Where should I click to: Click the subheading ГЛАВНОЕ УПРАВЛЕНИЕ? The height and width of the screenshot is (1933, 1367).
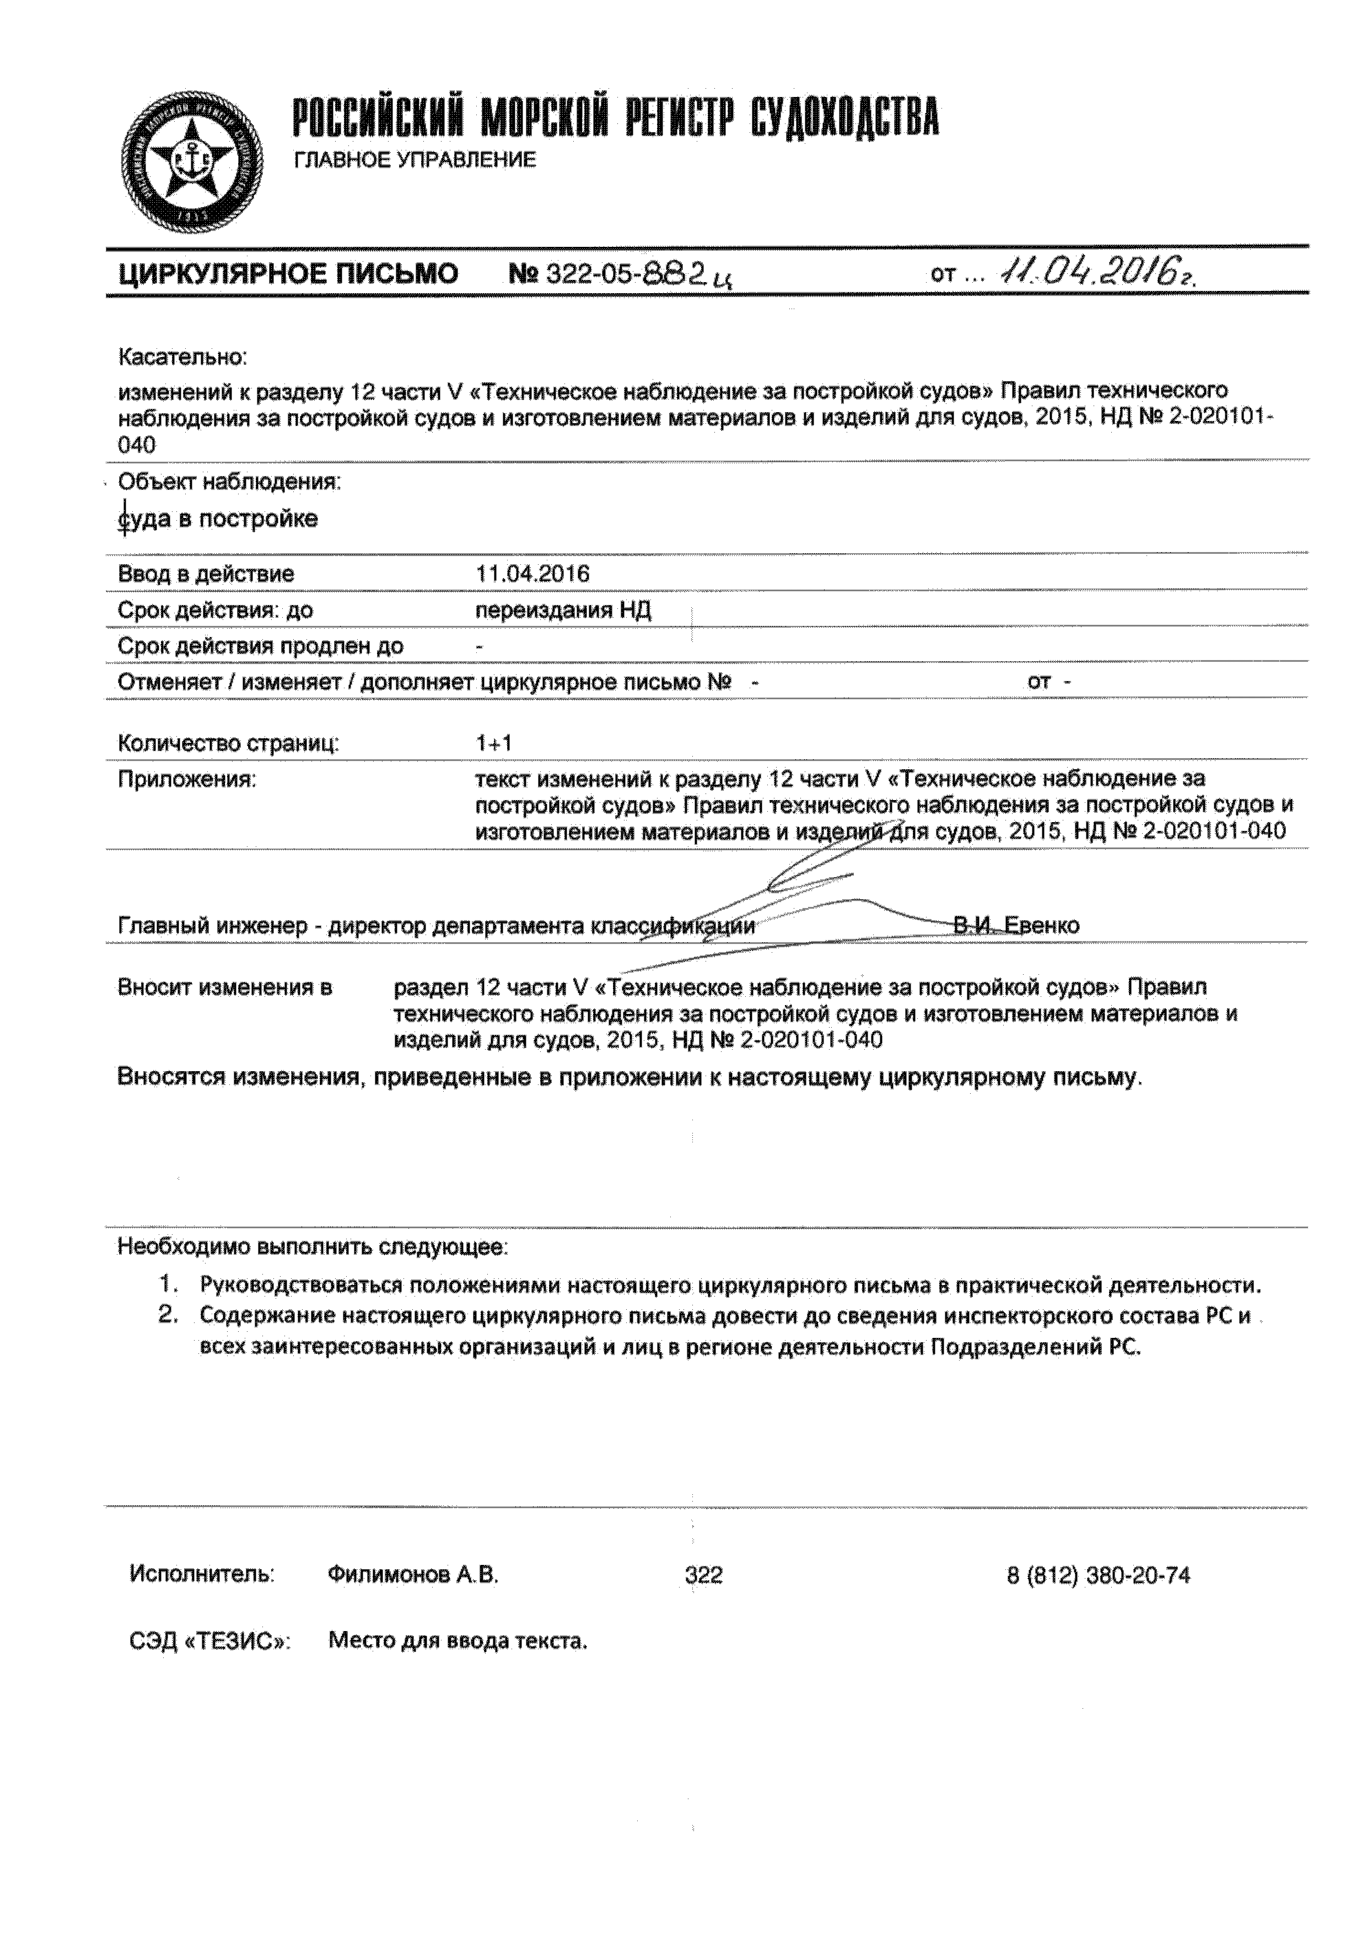[415, 160]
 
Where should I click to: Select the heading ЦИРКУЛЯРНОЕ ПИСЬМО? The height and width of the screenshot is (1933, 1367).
[288, 274]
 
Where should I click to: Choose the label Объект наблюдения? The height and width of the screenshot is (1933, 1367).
[229, 482]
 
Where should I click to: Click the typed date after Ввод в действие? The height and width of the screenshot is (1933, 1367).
[532, 574]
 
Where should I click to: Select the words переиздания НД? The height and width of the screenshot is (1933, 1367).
[563, 611]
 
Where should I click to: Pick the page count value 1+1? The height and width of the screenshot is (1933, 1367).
[493, 743]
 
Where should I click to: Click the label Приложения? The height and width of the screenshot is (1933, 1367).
[186, 780]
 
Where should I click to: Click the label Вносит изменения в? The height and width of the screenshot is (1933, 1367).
[225, 987]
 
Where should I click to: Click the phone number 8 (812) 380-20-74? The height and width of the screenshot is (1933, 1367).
[1099, 1575]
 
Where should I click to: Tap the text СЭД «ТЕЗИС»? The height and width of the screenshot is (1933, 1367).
[209, 1641]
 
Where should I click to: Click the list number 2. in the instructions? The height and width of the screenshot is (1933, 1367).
[169, 1315]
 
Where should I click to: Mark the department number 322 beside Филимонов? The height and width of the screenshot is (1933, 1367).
[703, 1575]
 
